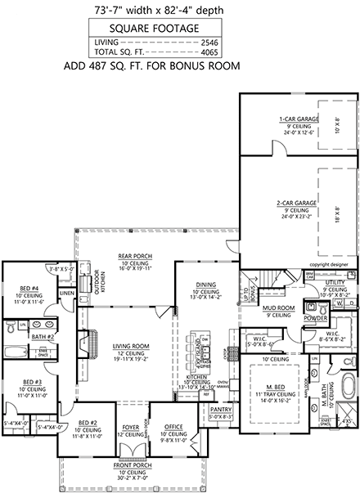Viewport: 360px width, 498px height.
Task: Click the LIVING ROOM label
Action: [130, 347]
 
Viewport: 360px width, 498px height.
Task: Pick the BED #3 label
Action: [32, 382]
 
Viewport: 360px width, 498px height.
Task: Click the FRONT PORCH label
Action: [129, 469]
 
